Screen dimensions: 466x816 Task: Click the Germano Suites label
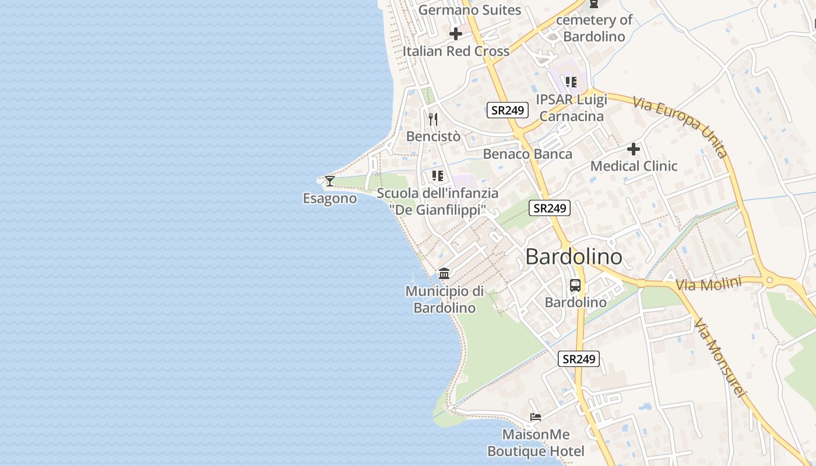click(469, 10)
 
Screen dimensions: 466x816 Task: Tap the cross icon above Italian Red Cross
click(456, 34)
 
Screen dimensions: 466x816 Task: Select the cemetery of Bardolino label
click(594, 28)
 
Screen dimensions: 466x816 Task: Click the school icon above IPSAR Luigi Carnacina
click(571, 82)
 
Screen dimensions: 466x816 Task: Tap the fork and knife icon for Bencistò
click(432, 119)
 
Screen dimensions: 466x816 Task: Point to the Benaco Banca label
click(527, 154)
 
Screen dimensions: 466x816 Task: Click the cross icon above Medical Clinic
click(634, 149)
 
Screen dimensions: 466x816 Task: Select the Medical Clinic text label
click(634, 166)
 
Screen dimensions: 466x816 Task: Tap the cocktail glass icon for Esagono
click(330, 181)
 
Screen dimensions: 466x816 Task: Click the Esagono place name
click(329, 199)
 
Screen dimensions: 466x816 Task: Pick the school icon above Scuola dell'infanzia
click(438, 176)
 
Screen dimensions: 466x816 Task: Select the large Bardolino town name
click(574, 257)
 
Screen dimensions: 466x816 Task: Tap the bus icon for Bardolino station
click(575, 285)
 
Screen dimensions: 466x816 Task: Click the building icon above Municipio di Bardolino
click(444, 273)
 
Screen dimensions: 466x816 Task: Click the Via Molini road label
click(708, 285)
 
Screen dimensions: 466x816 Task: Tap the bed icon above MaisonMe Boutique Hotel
click(536, 417)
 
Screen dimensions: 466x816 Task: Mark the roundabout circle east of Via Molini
click(769, 281)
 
